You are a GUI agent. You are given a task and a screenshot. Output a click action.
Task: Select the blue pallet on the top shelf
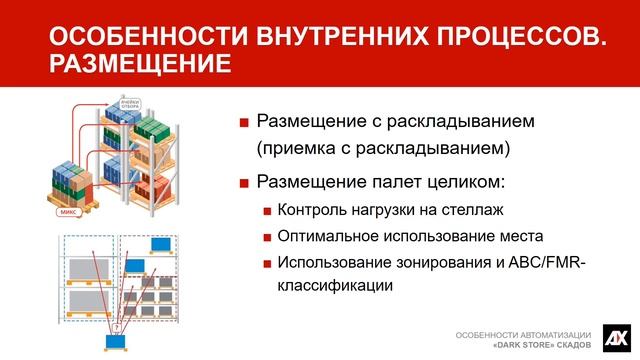pos(159,244)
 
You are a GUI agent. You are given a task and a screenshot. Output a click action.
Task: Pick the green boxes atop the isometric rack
pos(150,128)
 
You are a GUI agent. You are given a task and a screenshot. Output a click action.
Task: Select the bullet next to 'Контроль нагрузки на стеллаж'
pos(267,211)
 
